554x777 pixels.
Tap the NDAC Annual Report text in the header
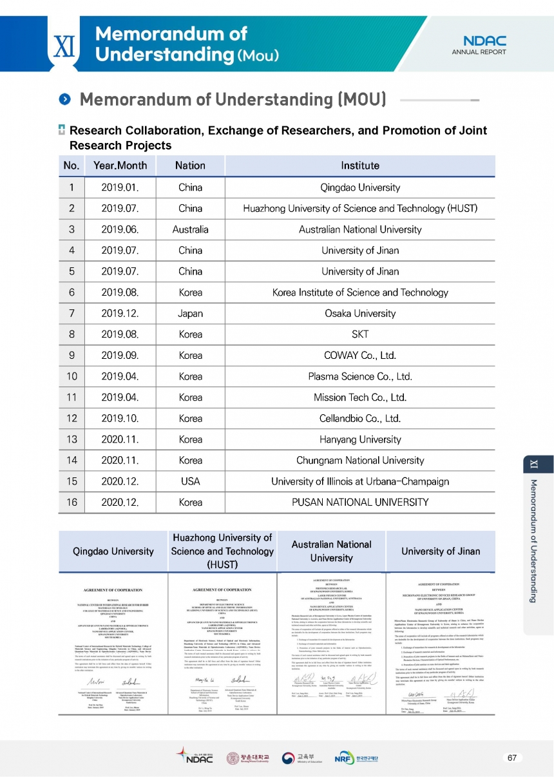479,45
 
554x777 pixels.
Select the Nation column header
190,166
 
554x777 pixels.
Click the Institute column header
360,166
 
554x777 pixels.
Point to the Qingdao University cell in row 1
360,188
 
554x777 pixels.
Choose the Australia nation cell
190,229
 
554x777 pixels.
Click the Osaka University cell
360,313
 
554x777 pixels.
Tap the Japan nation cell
190,313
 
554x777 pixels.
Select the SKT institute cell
360,334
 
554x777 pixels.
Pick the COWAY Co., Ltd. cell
360,355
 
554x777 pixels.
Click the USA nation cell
190,481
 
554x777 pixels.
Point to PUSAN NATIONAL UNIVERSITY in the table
360,503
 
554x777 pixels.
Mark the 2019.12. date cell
120,313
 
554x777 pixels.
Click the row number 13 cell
72,439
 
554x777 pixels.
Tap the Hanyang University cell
360,439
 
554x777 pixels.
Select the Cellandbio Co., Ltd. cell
360,418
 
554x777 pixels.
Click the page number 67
513,758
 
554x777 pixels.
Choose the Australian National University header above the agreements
331,551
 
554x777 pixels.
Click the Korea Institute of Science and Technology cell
360,293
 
